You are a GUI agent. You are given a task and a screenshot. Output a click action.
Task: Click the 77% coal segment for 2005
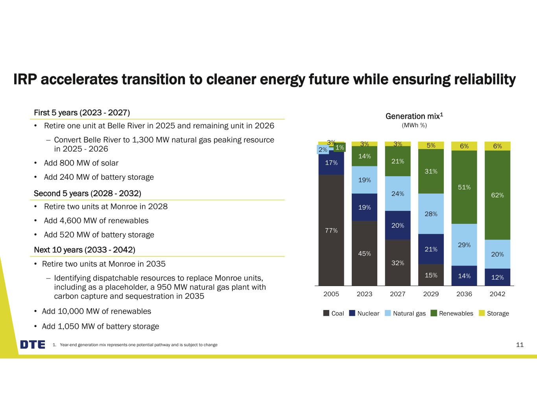(331, 230)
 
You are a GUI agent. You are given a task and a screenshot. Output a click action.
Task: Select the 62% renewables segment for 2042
(497, 195)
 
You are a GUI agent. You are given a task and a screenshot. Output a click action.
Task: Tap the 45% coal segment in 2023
(364, 253)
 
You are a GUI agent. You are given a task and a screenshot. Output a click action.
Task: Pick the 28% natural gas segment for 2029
(431, 214)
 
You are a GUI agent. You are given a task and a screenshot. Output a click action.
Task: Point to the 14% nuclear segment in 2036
(464, 276)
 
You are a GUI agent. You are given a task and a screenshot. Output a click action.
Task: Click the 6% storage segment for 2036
(464, 146)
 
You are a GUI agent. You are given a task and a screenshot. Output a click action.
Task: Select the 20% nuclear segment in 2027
(398, 225)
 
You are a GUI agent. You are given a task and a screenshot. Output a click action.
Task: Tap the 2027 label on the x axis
(398, 294)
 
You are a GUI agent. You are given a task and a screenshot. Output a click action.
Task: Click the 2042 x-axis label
(497, 294)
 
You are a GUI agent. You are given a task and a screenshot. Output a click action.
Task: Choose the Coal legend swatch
(326, 313)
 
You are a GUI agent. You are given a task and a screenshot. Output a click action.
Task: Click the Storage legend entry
(498, 313)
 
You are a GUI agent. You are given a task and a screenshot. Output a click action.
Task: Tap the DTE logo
(33, 345)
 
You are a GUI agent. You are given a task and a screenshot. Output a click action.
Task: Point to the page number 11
(520, 345)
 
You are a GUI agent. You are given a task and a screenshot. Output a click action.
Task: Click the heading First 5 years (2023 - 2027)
(82, 113)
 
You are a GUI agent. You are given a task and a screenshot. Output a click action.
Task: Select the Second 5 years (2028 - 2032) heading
(87, 194)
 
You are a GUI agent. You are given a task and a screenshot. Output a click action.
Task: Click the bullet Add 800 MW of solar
(81, 163)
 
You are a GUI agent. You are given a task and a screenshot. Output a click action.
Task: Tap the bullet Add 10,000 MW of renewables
(96, 311)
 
